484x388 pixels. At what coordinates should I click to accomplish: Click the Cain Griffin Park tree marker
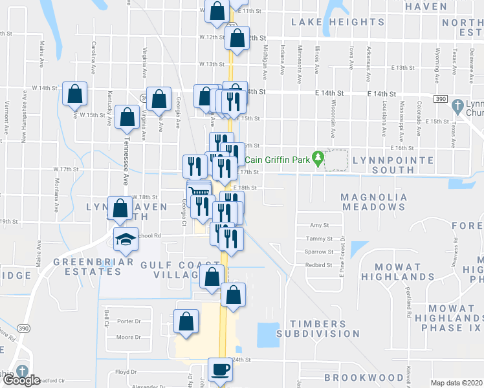pos(318,157)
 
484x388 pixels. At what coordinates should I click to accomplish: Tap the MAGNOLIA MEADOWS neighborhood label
pos(373,201)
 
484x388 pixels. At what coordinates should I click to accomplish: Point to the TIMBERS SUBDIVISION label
pos(317,329)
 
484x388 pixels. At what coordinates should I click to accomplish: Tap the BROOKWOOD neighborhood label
pos(364,377)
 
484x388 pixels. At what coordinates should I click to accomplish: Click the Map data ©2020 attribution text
pos(456,383)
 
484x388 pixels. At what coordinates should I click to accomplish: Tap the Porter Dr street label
pos(129,321)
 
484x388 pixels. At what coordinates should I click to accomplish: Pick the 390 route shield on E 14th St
pos(440,98)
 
